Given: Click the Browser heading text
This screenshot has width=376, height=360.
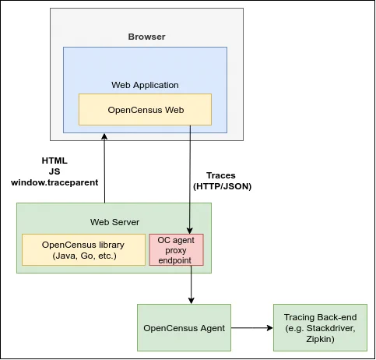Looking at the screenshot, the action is point(146,37).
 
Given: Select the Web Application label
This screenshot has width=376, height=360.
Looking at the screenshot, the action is point(145,85).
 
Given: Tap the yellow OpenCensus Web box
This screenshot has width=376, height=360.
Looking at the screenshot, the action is point(145,110).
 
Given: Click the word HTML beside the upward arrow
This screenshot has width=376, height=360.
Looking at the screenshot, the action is point(54,161).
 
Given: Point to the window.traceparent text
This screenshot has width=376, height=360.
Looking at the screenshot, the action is point(54,182).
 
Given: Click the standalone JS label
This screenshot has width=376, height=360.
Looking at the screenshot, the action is point(54,171).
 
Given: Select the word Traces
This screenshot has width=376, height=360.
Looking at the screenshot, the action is point(221,175).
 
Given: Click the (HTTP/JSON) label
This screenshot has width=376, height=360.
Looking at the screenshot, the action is point(223,186).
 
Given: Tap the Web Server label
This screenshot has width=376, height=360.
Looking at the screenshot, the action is point(114,222).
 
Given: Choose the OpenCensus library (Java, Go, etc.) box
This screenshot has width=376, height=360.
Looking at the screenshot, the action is point(83,250).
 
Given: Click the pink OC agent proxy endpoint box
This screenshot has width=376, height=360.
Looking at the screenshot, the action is point(176,250).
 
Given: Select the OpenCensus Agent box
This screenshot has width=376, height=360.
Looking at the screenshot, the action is point(184,328).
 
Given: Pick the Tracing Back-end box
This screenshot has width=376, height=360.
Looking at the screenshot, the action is point(320,328).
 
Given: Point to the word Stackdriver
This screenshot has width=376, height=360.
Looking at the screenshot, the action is point(331,328).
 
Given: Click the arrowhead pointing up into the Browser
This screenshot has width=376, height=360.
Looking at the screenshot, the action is point(104,136).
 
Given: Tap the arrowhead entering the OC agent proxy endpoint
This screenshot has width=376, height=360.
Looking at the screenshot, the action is point(190,231).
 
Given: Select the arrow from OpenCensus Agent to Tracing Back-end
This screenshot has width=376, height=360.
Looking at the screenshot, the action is point(251,328).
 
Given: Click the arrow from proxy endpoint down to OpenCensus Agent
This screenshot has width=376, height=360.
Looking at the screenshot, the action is point(192,285).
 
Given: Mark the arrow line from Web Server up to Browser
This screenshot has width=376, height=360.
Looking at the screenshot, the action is point(104,168).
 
